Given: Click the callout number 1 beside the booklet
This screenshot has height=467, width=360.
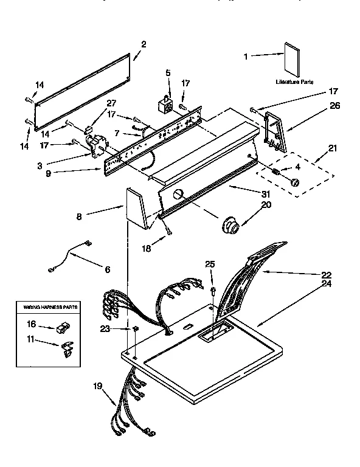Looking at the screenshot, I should [x=246, y=57].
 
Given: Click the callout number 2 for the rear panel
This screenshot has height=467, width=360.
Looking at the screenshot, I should [x=144, y=43].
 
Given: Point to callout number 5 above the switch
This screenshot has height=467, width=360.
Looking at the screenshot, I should [x=168, y=73].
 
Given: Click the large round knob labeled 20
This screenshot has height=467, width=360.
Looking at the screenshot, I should [x=230, y=226].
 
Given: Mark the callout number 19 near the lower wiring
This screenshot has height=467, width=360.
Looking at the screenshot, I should [x=97, y=385].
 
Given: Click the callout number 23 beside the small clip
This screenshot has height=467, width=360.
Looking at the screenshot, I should [x=105, y=329].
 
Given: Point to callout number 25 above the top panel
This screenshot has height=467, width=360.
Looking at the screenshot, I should [x=210, y=264].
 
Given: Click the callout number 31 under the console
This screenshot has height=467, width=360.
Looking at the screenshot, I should [x=266, y=193].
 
